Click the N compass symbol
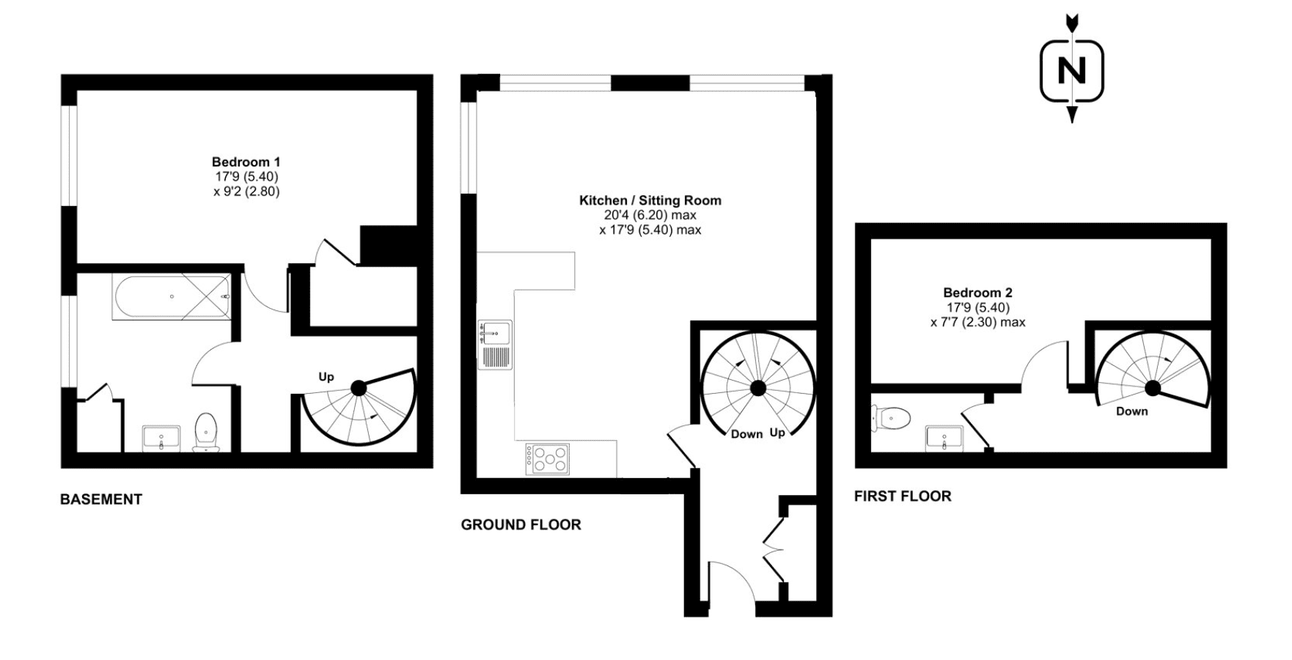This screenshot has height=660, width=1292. pyautogui.click(x=1071, y=70)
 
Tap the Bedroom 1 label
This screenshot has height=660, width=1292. pyautogui.click(x=246, y=162)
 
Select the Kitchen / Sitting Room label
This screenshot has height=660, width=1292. pyautogui.click(x=650, y=200)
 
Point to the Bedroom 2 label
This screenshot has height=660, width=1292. pyautogui.click(x=977, y=293)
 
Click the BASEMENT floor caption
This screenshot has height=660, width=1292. pyautogui.click(x=101, y=499)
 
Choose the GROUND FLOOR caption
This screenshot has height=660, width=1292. pyautogui.click(x=521, y=524)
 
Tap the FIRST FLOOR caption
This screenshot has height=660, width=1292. pyautogui.click(x=903, y=496)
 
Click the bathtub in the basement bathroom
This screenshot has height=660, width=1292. pyautogui.click(x=172, y=297)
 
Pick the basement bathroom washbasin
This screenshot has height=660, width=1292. pyautogui.click(x=161, y=439)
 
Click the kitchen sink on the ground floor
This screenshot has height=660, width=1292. pyautogui.click(x=495, y=344)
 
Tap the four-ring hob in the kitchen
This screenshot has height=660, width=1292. pyautogui.click(x=547, y=459)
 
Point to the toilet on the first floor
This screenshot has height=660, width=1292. pyautogui.click(x=891, y=418)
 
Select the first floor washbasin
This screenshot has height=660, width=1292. pyautogui.click(x=944, y=438)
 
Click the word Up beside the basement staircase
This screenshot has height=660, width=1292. pyautogui.click(x=326, y=377)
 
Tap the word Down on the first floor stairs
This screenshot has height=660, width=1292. pyautogui.click(x=1132, y=411)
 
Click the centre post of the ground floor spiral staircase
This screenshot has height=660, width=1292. pyautogui.click(x=758, y=387)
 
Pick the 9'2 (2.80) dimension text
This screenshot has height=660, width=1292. pyautogui.click(x=246, y=191)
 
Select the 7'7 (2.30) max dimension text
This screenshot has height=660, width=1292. pyautogui.click(x=978, y=322)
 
